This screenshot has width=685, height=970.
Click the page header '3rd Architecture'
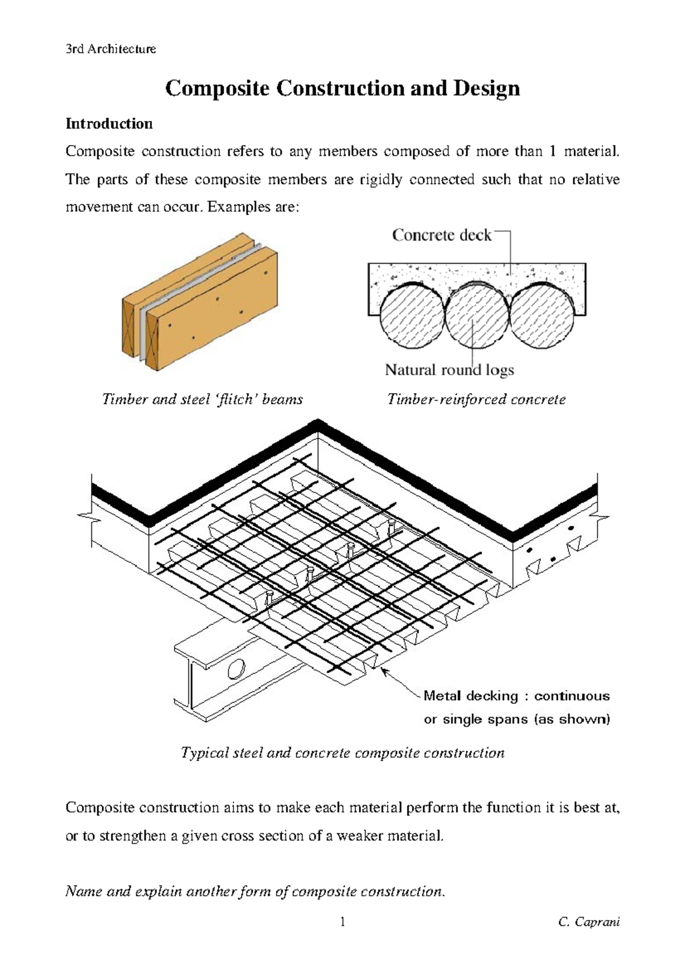pos(111,49)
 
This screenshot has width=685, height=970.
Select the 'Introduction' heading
pos(109,124)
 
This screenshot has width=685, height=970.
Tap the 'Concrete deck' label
pos(441,235)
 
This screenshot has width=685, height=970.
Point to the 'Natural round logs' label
pos(449,370)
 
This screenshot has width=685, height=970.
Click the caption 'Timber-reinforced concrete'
pos(476,399)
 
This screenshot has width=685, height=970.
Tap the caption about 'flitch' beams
pos(202,399)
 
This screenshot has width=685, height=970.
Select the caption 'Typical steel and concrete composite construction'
pos(342,753)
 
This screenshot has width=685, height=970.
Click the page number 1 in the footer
pos(342,922)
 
